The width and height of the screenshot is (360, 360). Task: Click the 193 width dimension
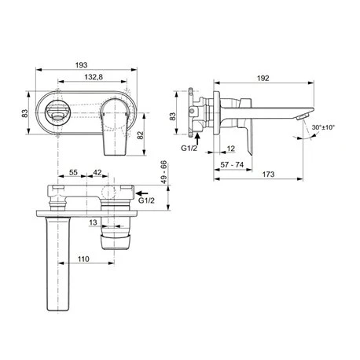[81, 64]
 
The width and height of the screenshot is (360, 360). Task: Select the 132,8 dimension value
[94, 77]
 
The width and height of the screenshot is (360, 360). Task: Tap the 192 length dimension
[263, 78]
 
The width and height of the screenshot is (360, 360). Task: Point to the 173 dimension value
[268, 174]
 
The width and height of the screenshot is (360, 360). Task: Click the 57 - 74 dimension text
[232, 165]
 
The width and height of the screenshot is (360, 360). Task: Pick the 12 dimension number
[231, 149]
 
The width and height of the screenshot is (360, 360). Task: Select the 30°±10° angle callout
[323, 127]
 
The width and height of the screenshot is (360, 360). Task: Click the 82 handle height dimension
[141, 135]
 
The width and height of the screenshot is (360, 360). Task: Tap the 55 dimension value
[73, 172]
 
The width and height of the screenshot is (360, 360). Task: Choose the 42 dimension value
[97, 172]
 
